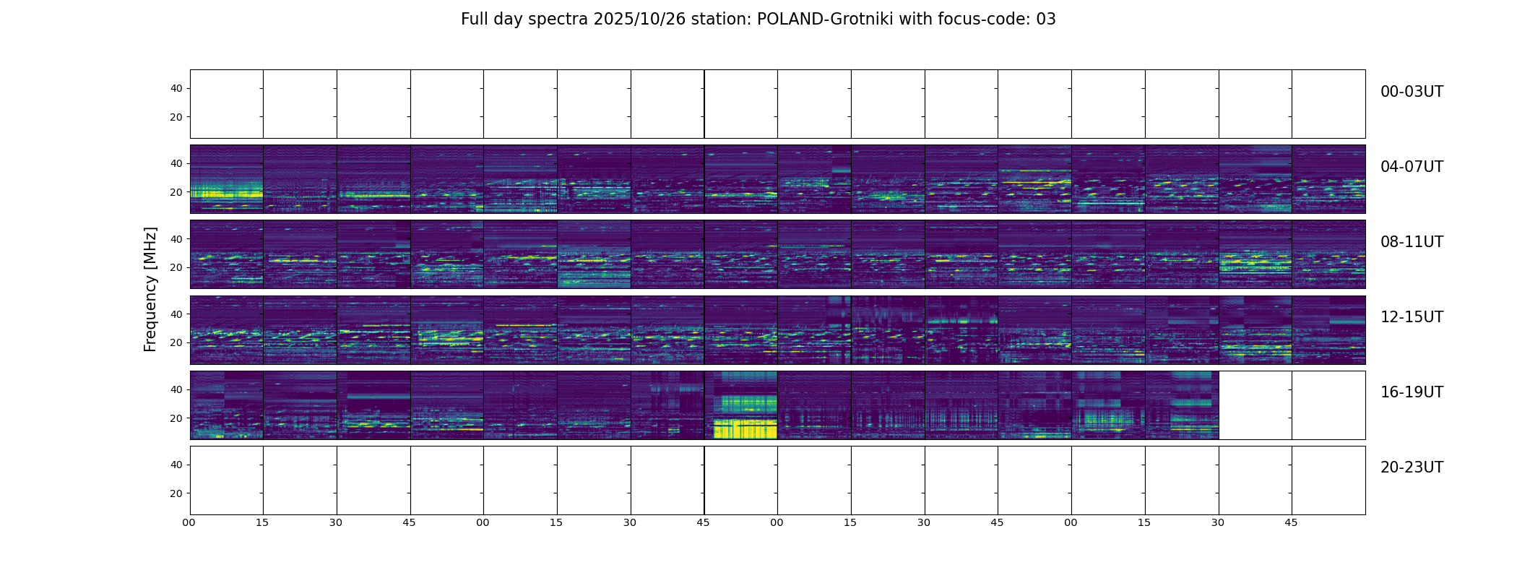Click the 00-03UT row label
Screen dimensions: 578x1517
coord(1412,92)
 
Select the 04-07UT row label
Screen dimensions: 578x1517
coord(1412,167)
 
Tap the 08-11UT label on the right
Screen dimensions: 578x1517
coord(1412,242)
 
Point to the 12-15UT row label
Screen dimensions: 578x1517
coord(1412,317)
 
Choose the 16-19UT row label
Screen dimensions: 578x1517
coord(1412,392)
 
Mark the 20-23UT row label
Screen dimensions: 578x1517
coord(1412,467)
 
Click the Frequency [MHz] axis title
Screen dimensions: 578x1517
coord(150,289)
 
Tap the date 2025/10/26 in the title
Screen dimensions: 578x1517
coord(639,20)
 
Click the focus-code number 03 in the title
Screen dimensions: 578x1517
coord(1046,20)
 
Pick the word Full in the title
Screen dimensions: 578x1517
coord(473,20)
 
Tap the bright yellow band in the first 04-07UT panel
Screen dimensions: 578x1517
coord(225,194)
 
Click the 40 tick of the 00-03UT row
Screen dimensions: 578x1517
coord(176,89)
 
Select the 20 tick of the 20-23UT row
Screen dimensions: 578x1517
coord(176,493)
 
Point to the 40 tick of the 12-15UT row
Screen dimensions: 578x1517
coord(176,314)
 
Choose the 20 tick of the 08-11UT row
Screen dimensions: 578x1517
coord(176,268)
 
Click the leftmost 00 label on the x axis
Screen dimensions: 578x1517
coord(189,522)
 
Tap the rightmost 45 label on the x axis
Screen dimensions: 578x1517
coord(1291,522)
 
